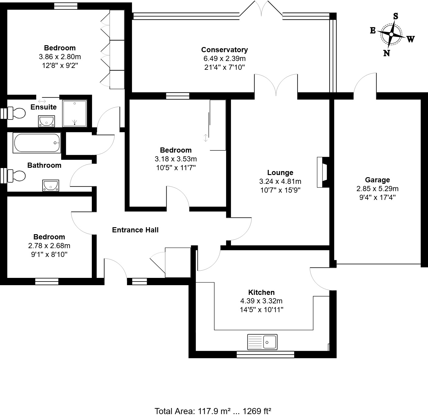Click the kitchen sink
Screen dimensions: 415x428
[262, 342]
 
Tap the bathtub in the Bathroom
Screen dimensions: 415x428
[37, 143]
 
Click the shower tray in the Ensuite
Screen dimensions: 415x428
[74, 113]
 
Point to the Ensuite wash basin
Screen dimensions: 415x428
[46, 121]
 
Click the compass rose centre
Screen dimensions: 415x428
[391, 34]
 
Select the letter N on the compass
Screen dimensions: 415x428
[386, 53]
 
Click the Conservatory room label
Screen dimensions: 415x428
[224, 50]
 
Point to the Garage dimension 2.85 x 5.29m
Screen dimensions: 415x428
[377, 189]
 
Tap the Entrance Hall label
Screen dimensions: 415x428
[135, 230]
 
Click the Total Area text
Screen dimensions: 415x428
[213, 411]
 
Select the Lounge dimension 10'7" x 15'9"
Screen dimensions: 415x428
[280, 190]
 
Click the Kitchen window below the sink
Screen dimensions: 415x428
[265, 354]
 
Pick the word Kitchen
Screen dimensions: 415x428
[261, 292]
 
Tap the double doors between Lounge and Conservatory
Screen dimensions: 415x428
[276, 85]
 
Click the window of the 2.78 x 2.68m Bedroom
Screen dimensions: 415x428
[47, 282]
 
